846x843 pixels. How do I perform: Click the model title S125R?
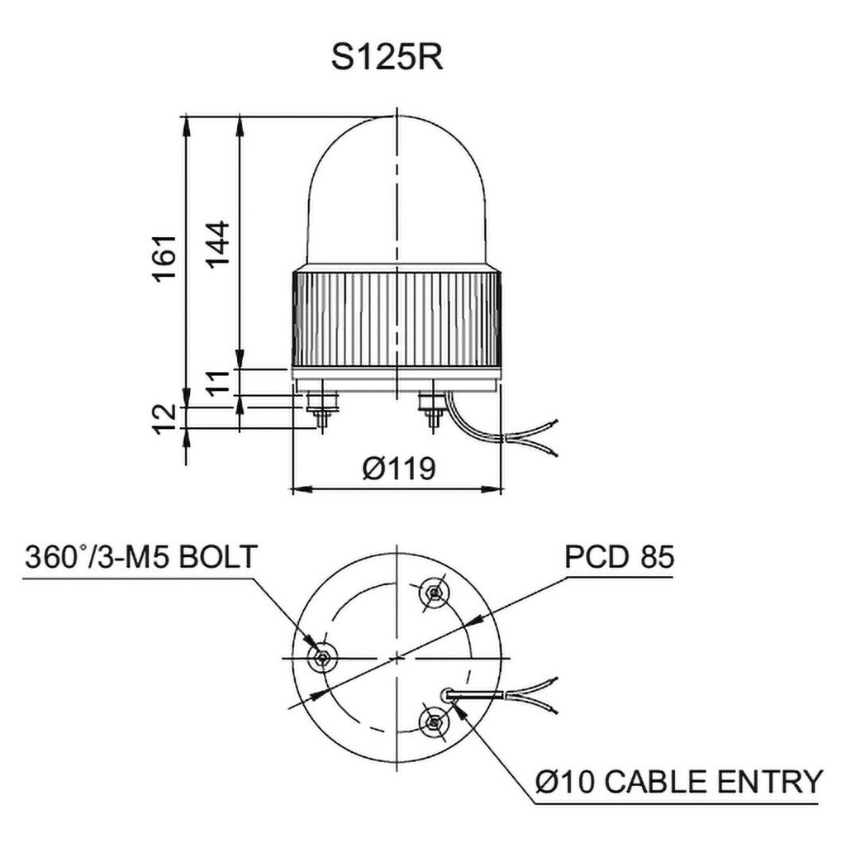point(387,58)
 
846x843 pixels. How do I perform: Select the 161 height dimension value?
point(165,259)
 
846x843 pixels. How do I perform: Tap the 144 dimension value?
point(217,245)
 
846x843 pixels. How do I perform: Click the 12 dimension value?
point(165,417)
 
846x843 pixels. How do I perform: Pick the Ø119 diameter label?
point(398,469)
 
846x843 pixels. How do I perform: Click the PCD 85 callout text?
point(619,557)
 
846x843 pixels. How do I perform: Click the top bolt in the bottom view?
point(434,592)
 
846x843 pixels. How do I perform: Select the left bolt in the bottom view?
point(321,657)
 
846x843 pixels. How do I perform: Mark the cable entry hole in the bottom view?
point(448,695)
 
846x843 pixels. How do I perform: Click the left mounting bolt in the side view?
point(320,408)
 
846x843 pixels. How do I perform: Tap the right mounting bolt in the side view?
point(431,408)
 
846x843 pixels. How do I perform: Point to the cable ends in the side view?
point(545,438)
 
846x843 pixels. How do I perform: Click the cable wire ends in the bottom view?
point(545,694)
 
